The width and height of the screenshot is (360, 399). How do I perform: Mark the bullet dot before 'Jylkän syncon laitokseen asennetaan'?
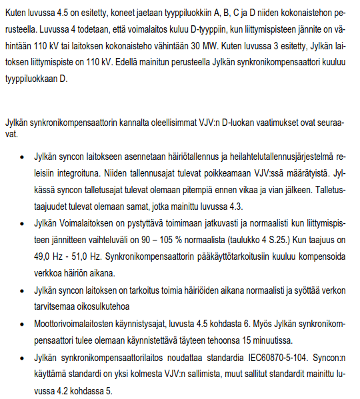(23, 157)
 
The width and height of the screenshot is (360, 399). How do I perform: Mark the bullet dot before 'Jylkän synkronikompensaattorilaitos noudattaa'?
(23, 356)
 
